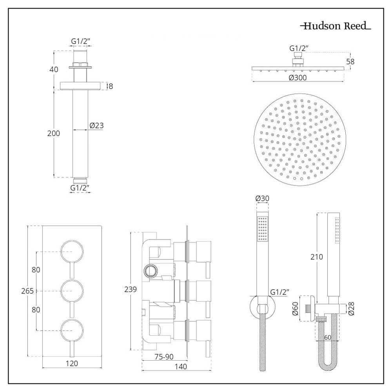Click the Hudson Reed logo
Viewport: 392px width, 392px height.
coord(336,26)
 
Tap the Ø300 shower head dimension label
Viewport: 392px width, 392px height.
coord(298,78)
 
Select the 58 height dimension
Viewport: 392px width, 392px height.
coord(350,62)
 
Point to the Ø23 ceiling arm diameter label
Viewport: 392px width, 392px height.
coord(96,125)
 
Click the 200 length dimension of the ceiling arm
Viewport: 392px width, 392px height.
coord(53,133)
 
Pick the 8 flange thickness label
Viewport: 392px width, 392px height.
coord(111,86)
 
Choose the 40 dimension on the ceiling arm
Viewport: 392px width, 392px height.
coord(54,69)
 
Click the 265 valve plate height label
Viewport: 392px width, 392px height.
coord(27,291)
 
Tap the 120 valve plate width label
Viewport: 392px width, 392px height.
coord(72,363)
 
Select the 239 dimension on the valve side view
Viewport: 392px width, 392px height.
coord(131,289)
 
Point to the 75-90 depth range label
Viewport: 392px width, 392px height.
coord(164,357)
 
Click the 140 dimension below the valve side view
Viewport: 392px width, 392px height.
coord(180,367)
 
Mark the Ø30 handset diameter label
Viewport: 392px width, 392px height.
coord(262,198)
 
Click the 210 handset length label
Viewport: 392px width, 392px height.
coord(316,257)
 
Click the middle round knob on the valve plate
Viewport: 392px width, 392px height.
coord(72,291)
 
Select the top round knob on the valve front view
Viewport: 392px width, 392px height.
coord(72,252)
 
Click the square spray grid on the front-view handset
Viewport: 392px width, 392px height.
coord(263,229)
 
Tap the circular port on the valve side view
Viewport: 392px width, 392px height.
coord(151,270)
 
